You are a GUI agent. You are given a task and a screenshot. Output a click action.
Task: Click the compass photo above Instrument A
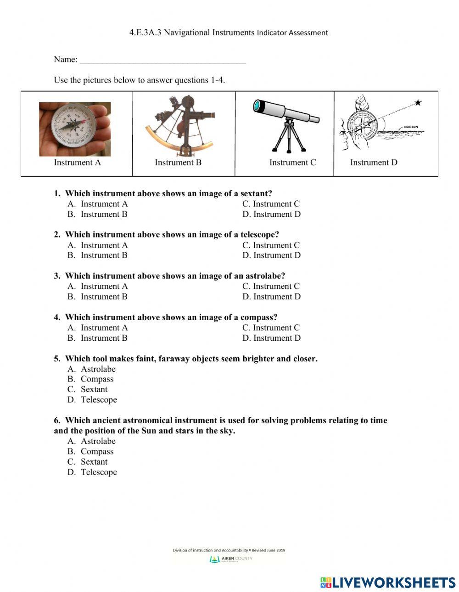pos(75,129)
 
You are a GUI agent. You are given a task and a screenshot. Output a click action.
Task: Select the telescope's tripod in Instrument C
pos(289,137)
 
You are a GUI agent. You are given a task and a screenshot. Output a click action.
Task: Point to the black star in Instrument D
pos(418,103)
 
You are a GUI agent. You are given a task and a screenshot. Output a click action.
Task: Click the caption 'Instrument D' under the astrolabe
pos(374,162)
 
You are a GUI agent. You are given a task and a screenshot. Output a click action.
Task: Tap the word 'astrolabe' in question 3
pos(265,276)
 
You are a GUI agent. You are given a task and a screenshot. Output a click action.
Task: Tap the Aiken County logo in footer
pos(231,559)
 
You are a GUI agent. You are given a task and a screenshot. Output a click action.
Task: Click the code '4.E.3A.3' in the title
pos(145,33)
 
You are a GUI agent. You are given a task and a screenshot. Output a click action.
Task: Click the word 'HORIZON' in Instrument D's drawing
pos(411,127)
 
